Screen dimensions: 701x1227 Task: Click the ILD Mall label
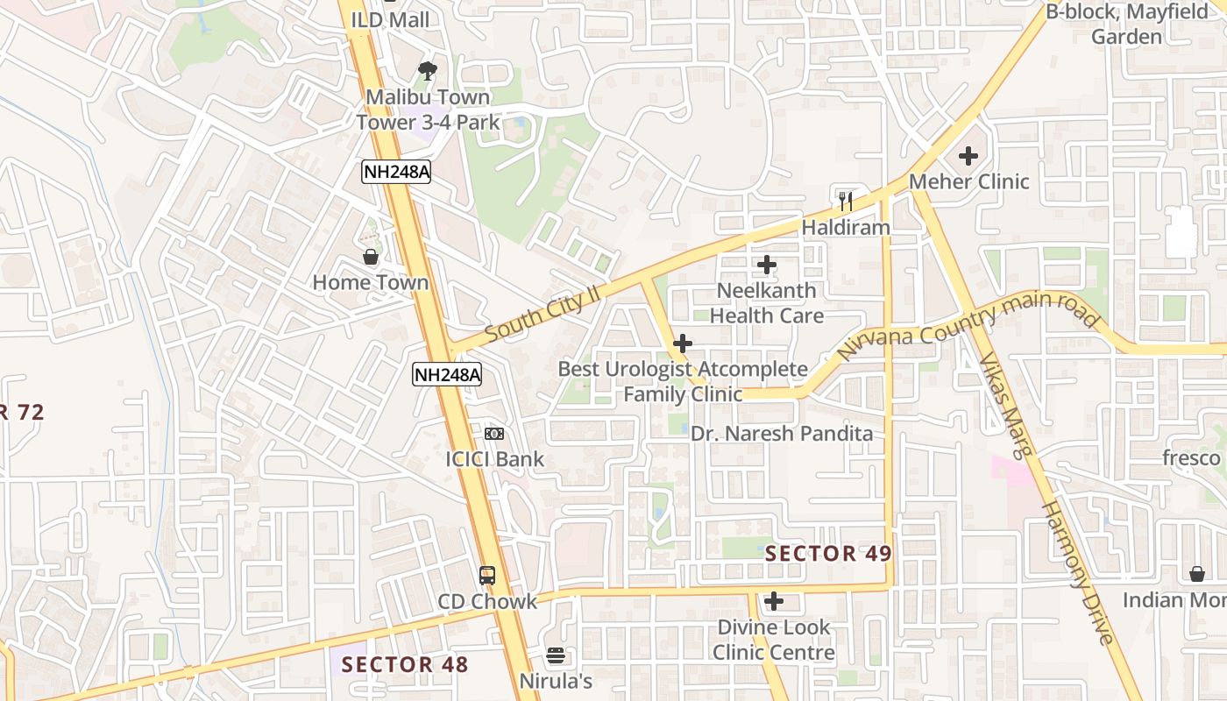click(390, 19)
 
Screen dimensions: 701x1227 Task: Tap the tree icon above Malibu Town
click(428, 70)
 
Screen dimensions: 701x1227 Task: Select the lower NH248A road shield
click(447, 375)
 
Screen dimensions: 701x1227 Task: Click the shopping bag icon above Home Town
click(371, 257)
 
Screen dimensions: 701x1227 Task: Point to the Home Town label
click(371, 282)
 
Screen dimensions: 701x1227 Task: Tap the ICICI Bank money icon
click(494, 434)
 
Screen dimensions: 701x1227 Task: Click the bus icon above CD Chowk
click(487, 576)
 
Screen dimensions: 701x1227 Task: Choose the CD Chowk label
click(487, 601)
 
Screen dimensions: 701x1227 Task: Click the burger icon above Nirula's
click(555, 655)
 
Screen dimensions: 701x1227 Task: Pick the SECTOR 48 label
click(405, 664)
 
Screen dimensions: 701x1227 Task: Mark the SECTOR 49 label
click(828, 553)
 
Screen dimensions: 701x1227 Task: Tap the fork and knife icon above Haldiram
click(846, 202)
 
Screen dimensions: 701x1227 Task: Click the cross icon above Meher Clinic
click(968, 156)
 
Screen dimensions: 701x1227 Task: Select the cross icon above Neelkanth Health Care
click(767, 265)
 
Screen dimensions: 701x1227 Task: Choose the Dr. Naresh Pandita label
click(782, 434)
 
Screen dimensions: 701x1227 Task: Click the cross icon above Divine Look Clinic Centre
click(773, 601)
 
